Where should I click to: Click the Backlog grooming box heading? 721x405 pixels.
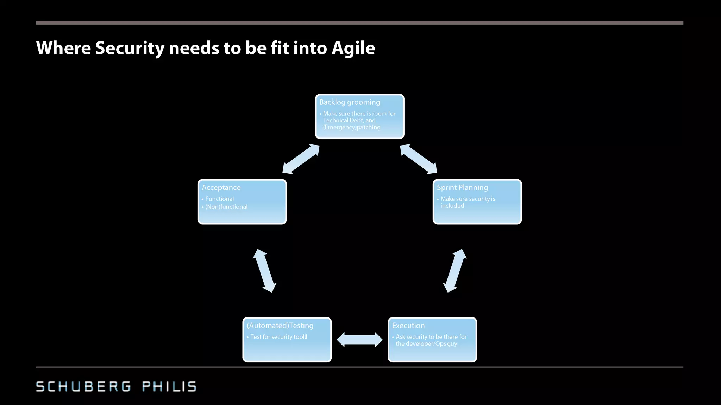pos(350,102)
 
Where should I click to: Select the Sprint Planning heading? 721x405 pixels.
pos(462,188)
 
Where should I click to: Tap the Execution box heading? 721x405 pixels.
pos(408,326)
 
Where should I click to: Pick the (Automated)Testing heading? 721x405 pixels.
pos(280,326)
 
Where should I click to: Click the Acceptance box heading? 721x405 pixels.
pos(221,188)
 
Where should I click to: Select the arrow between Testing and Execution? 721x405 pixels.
pos(359,340)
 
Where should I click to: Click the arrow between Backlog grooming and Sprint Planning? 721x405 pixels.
pos(419,159)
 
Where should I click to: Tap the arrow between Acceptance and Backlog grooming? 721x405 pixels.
pos(301,159)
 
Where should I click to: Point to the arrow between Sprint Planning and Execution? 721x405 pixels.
pos(455,271)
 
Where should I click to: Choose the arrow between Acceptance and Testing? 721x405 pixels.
pos(264,271)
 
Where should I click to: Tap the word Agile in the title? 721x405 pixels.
pos(353,48)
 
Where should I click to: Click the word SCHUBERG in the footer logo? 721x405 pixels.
pos(83,386)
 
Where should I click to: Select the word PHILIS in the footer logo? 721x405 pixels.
pos(169,386)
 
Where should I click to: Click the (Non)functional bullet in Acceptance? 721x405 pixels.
pos(226,207)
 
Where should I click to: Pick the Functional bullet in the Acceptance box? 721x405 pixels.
pos(219,199)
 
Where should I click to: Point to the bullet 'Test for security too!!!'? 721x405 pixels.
pos(278,337)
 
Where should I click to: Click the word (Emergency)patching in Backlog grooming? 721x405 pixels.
pos(352,127)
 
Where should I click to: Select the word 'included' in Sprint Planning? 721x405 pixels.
pos(452,206)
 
